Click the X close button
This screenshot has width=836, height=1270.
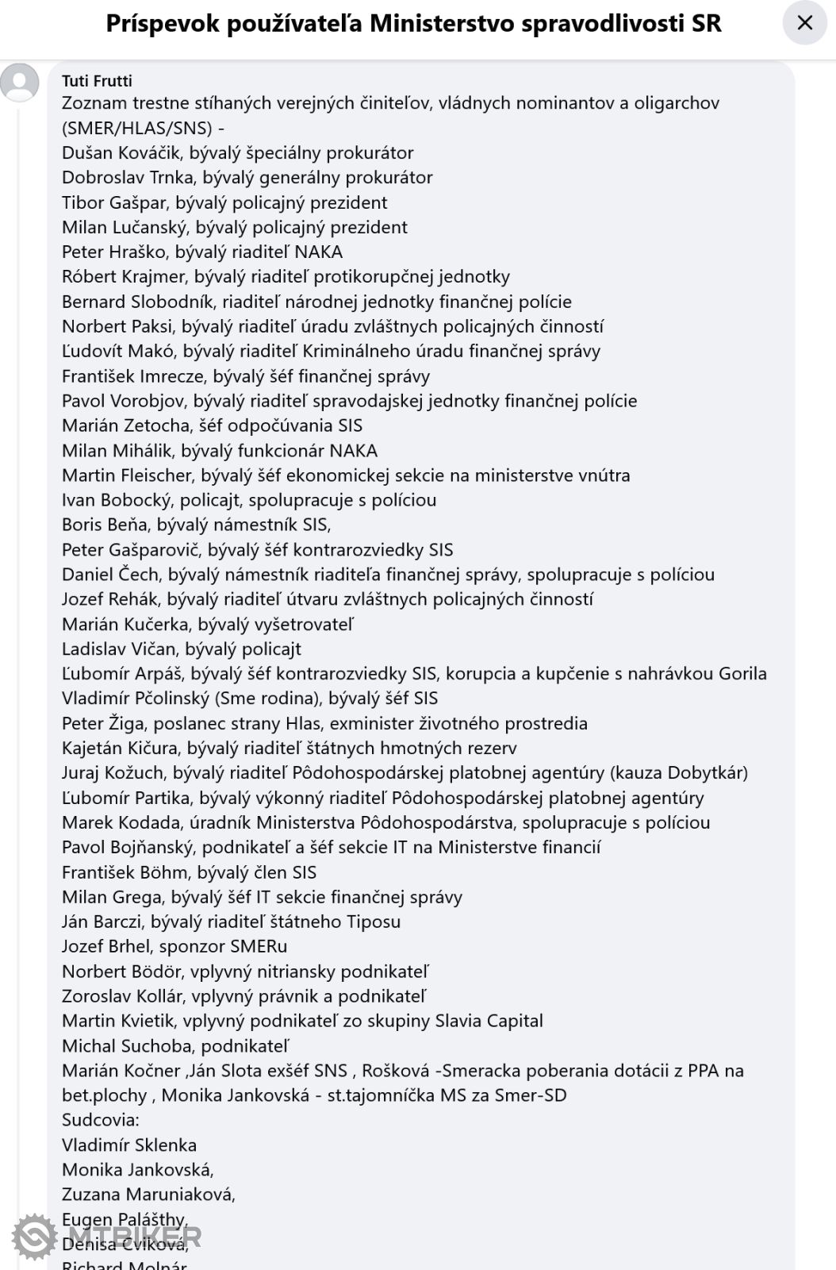[804, 23]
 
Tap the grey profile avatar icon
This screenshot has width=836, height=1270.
[20, 83]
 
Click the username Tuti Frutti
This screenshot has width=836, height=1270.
[97, 81]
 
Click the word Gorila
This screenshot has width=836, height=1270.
[742, 674]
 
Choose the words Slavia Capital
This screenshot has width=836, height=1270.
[489, 1021]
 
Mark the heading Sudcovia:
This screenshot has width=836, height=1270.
[100, 1120]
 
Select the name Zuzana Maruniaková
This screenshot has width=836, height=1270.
[147, 1195]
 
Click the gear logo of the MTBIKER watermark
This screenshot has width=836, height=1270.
[34, 1236]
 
